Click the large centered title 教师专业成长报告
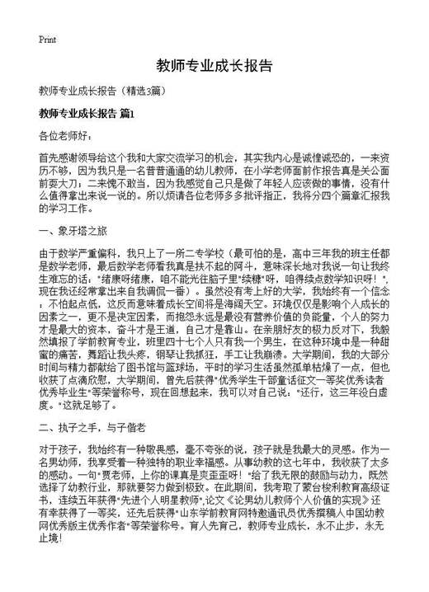(214, 65)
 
